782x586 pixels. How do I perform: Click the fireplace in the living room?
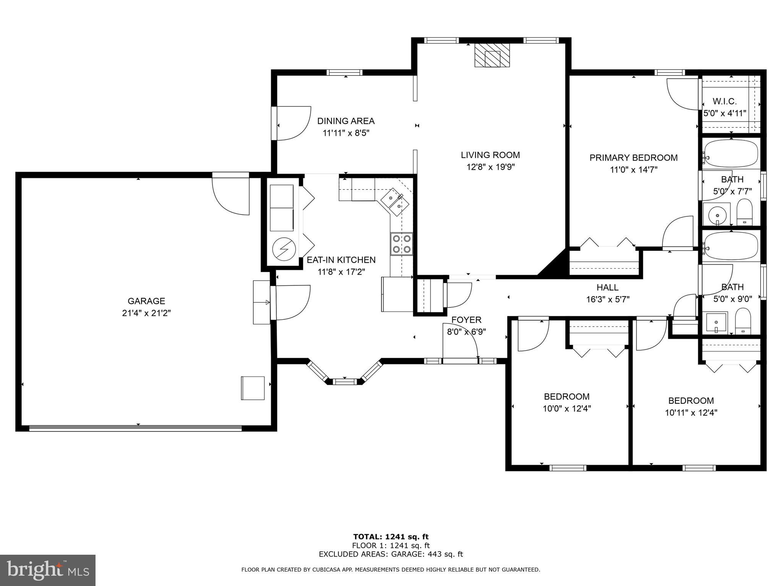click(492, 55)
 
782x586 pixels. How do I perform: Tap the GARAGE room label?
click(146, 301)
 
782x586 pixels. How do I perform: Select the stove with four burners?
click(402, 244)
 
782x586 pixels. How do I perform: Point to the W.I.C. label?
click(724, 101)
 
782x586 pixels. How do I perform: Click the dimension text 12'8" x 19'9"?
click(490, 167)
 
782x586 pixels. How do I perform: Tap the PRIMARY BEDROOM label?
click(633, 158)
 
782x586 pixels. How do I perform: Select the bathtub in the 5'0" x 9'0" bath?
click(731, 246)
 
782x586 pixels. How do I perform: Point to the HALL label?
click(607, 287)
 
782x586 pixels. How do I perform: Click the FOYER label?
click(466, 320)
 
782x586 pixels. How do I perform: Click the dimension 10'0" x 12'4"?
click(567, 409)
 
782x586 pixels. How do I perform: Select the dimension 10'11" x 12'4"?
click(691, 412)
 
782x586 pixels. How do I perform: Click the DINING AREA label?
click(346, 121)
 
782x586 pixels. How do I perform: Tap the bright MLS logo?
click(47, 570)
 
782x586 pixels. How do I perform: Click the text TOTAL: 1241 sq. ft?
click(391, 537)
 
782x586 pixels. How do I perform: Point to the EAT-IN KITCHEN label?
click(341, 260)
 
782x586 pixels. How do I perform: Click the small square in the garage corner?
click(253, 388)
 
